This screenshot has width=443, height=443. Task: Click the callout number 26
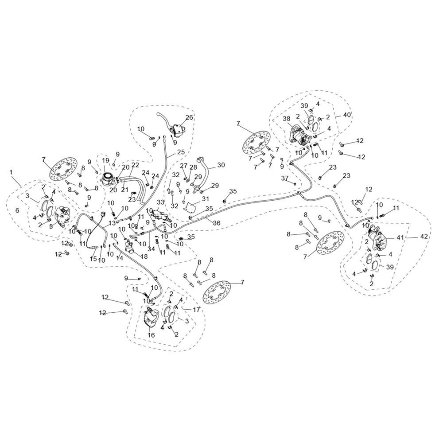tap(189, 117)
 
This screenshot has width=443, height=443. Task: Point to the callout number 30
tap(221, 165)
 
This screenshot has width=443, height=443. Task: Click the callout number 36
tap(217, 223)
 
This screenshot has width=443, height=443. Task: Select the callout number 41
tap(400, 238)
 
